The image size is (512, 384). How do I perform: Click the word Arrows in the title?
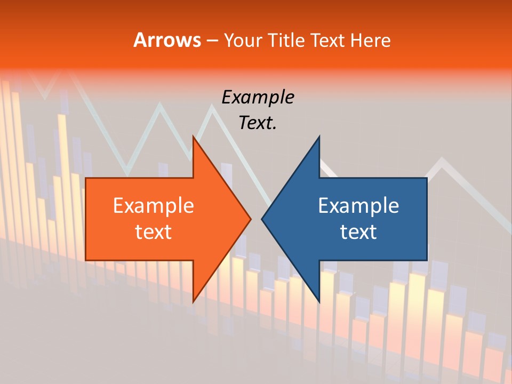[x=167, y=40]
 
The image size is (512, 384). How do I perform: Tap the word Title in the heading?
[x=286, y=40]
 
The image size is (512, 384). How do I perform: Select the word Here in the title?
[x=370, y=40]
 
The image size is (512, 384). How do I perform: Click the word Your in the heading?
[x=243, y=40]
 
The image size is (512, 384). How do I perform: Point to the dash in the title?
[x=211, y=41]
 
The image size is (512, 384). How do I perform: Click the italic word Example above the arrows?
[x=258, y=97]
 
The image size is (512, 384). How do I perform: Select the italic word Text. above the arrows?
[x=258, y=123]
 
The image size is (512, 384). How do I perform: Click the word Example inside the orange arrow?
[x=154, y=205]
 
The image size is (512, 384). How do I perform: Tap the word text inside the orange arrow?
[x=154, y=231]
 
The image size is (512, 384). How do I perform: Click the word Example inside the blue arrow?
[x=358, y=205]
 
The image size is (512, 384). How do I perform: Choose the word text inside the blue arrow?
[x=358, y=231]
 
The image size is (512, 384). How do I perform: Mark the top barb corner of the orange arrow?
[x=193, y=136]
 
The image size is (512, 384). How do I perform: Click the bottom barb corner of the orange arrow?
[x=193, y=302]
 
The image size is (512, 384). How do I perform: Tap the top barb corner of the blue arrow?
[x=319, y=136]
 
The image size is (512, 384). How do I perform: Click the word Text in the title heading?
[x=328, y=40]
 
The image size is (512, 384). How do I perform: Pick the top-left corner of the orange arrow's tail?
[x=86, y=178]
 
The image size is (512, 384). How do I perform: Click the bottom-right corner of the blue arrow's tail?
[x=427, y=260]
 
